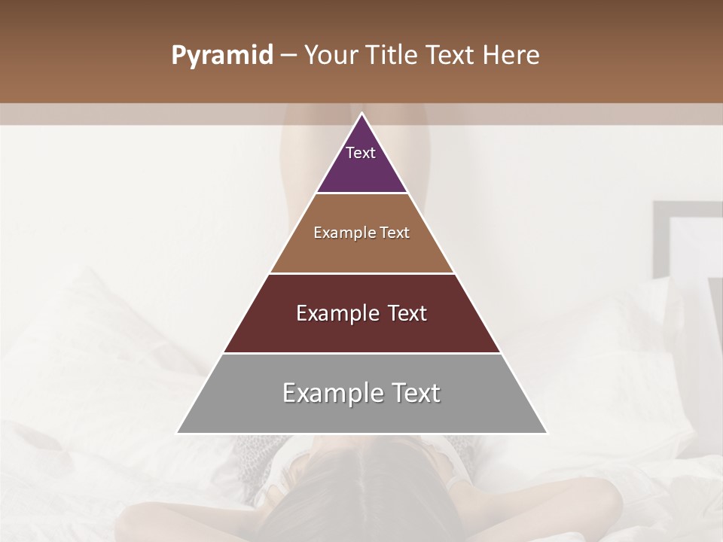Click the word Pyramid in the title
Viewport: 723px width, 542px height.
(x=222, y=56)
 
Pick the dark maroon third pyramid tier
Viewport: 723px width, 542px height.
(x=361, y=331)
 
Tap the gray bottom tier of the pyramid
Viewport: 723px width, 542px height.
(x=361, y=410)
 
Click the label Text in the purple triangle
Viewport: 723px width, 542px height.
(x=360, y=153)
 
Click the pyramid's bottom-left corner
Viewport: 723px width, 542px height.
(x=178, y=433)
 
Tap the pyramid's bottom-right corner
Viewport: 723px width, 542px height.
(x=546, y=433)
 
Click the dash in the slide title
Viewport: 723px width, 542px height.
(x=288, y=56)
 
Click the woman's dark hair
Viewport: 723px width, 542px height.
(x=361, y=497)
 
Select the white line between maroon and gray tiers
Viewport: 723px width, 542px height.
(x=361, y=353)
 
